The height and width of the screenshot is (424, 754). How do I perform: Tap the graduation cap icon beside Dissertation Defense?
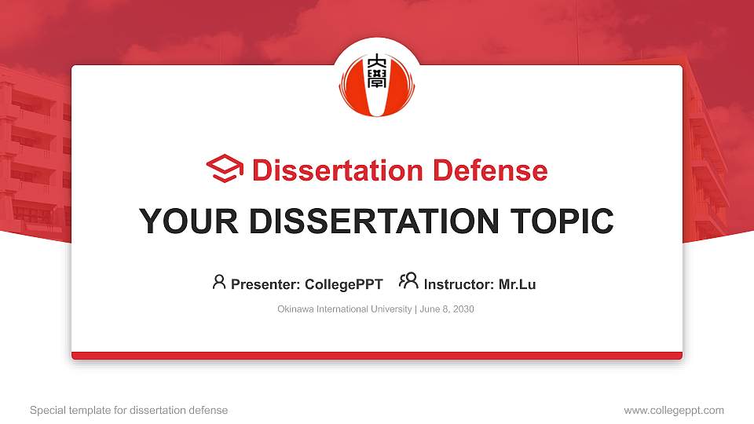pos(225,169)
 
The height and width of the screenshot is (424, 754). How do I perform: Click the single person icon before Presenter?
pos(219,282)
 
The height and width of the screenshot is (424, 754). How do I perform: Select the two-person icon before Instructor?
pos(408,282)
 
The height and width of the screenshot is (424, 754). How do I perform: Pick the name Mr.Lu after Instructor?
pos(517,284)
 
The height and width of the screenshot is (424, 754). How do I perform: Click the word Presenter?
pos(265,284)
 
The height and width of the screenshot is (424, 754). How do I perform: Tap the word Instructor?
pos(459,284)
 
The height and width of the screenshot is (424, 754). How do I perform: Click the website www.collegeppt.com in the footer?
pos(673,410)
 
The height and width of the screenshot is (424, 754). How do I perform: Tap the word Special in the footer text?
pos(46,410)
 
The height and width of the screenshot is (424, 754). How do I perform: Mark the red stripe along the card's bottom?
pos(376,356)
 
